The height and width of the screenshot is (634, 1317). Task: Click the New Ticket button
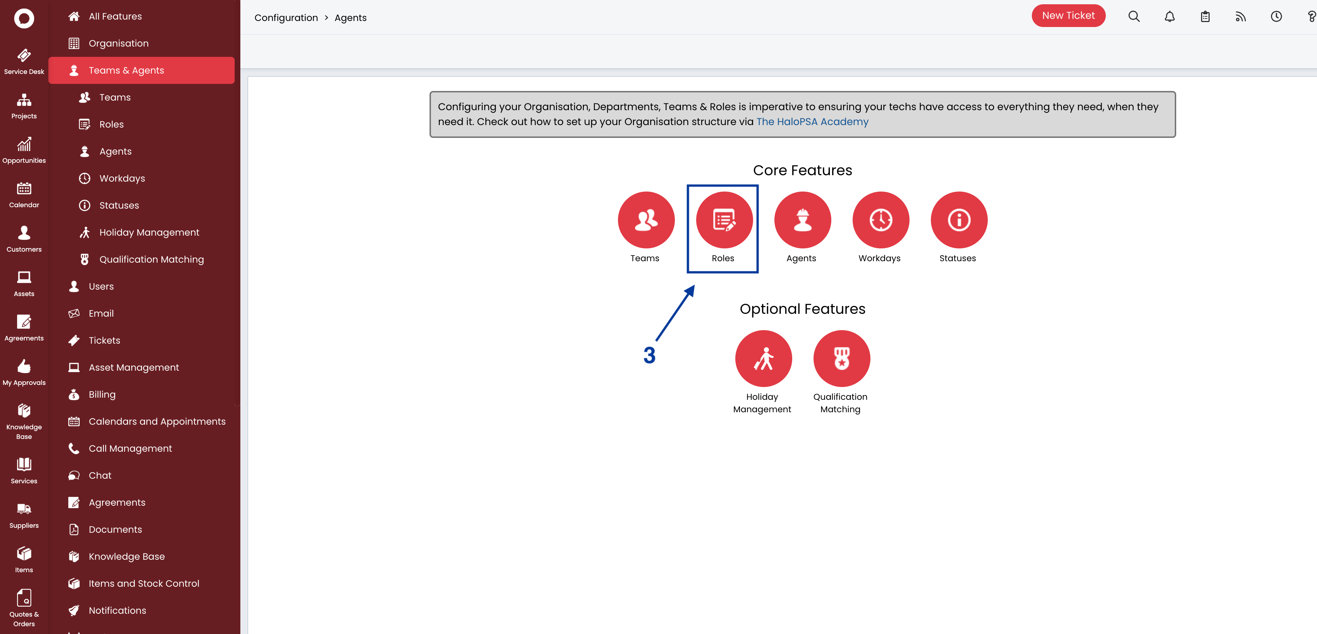point(1068,16)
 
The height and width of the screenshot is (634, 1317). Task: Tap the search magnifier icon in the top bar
point(1134,17)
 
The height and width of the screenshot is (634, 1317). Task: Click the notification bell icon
point(1169,17)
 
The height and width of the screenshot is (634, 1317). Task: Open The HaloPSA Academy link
point(812,122)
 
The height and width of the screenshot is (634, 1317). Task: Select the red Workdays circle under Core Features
point(880,220)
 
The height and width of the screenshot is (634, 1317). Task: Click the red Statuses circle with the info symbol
point(959,220)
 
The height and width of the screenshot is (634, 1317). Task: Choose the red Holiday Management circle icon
point(763,358)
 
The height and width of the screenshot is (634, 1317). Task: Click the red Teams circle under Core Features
point(646,220)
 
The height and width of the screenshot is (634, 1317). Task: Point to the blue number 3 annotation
point(649,355)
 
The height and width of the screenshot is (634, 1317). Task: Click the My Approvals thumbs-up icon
point(24,366)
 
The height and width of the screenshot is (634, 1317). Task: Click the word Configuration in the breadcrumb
point(286,18)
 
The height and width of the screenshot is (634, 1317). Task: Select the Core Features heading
point(802,170)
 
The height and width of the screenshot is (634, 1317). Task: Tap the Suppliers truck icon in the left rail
point(24,509)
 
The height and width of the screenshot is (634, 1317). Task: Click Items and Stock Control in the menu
point(144,584)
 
